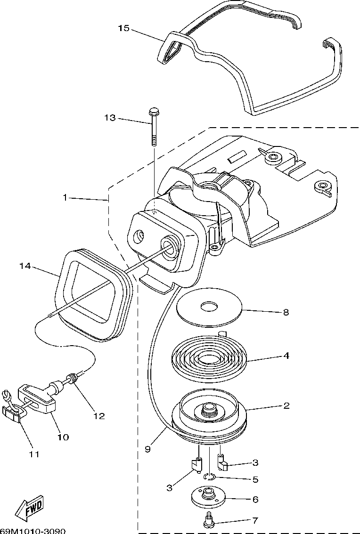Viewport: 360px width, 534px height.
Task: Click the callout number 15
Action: tap(124, 28)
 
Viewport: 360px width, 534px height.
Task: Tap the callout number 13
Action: tap(110, 118)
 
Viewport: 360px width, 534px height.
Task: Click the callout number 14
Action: tap(25, 266)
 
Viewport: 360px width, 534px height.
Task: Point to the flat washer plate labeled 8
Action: tap(209, 307)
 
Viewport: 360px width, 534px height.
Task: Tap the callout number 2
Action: tap(286, 405)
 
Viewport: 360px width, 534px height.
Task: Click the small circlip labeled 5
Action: tap(209, 477)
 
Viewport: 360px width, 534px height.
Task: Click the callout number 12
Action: tap(99, 416)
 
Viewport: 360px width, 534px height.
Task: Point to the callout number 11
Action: tap(34, 454)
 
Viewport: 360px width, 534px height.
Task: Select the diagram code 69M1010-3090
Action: tap(33, 531)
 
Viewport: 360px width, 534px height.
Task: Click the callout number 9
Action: tap(147, 449)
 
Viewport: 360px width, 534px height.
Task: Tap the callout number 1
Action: tap(65, 197)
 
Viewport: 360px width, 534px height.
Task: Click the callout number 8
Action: tap(286, 312)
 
